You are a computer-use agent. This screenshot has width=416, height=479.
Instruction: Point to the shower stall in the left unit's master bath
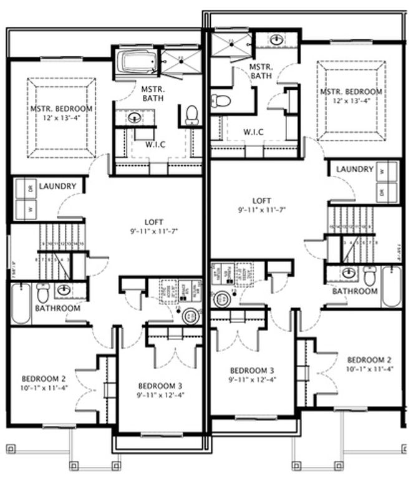click(177, 63)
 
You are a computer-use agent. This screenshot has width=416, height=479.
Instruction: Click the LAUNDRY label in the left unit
click(57, 186)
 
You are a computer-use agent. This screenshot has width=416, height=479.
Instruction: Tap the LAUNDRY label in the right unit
click(354, 170)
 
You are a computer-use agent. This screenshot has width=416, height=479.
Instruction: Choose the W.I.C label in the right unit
click(253, 132)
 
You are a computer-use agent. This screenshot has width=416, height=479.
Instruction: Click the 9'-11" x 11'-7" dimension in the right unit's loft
click(262, 211)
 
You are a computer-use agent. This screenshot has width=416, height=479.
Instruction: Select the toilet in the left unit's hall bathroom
click(42, 293)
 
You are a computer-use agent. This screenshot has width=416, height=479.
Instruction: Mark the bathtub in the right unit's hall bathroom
click(392, 286)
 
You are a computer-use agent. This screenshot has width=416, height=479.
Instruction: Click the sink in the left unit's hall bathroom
click(64, 289)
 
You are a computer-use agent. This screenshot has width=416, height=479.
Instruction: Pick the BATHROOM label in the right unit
click(354, 291)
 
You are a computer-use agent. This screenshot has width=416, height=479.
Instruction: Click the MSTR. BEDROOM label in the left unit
click(62, 109)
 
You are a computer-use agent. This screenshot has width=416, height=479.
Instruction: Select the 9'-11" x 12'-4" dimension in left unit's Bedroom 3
click(161, 394)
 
